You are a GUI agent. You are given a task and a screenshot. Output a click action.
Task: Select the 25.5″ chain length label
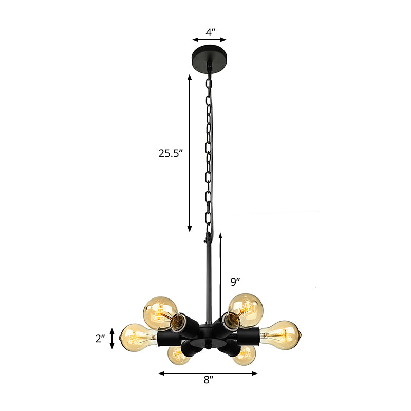coord(171,153)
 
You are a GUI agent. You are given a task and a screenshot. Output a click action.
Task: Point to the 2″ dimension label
coord(100,339)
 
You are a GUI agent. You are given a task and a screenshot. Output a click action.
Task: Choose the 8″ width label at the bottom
coord(207,381)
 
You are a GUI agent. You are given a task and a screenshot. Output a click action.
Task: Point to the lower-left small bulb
coord(178,355)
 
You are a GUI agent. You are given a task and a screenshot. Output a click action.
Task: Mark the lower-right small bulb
coord(245,354)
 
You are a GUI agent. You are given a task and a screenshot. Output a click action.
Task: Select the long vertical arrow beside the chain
coord(190,153)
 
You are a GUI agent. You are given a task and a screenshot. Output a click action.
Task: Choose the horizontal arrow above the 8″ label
coord(208,373)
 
